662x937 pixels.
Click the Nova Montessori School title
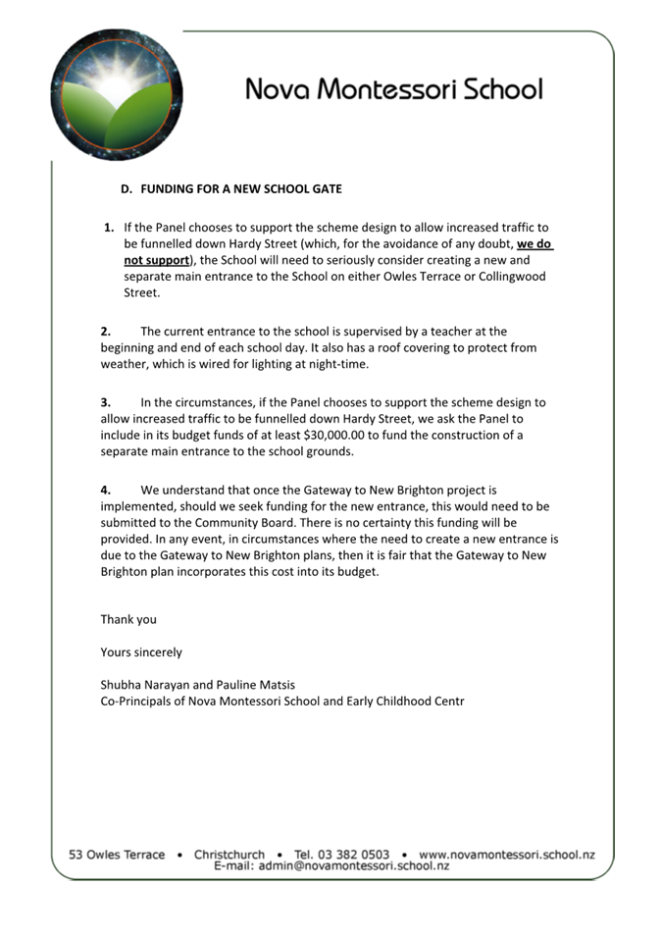[393, 89]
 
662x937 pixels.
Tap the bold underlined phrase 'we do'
[535, 244]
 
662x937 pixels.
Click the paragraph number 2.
[106, 332]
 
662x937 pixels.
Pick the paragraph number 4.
[106, 490]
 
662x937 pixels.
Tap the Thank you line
[128, 619]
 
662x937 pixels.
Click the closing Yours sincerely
[140, 651]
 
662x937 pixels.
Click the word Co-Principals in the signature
[138, 701]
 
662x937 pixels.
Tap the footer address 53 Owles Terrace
[117, 855]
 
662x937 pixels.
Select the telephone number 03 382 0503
[355, 855]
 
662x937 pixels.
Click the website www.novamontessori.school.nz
[506, 855]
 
